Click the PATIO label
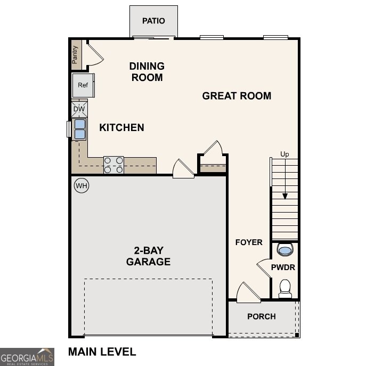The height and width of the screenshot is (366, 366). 153,21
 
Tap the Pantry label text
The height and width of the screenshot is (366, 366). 75,54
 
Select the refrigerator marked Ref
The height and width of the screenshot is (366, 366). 83,85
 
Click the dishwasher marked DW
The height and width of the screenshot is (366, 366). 79,109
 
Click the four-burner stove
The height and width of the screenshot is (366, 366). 113,165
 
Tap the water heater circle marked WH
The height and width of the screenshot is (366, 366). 81,186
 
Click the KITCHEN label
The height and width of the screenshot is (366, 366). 121,127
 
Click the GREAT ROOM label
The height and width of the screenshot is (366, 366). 237,96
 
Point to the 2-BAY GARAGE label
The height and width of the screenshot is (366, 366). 148,256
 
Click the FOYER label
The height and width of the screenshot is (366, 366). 249,242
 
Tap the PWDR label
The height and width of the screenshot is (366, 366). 283,267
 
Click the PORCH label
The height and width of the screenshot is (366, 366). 262,316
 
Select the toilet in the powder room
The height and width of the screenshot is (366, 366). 285,288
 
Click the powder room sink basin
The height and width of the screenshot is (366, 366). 285,249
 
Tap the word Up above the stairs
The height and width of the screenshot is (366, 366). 285,154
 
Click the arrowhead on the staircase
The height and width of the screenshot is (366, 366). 285,196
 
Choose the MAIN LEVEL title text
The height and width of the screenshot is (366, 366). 102,352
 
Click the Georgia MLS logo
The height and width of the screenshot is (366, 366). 27,356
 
